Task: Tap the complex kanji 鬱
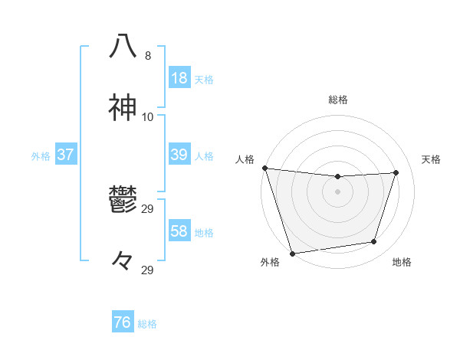pos(123,201)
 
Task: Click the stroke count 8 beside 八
pos(148,56)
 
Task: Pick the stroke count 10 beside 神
pos(148,117)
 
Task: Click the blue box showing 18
pos(179,77)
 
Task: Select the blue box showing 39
pos(179,155)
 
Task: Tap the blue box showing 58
pos(179,231)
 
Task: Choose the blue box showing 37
pos(65,155)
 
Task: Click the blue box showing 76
pos(123,322)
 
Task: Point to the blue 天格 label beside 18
pos(204,79)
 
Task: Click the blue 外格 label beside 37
pos(41,156)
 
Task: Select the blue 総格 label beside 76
pos(147,324)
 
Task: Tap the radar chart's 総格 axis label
pos(338,100)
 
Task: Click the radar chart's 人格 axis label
pos(245,159)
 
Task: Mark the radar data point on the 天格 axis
pos(396,172)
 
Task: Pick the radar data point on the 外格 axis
pos(292,253)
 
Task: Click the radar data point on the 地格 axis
pos(374,242)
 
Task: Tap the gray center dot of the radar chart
pos(338,191)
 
